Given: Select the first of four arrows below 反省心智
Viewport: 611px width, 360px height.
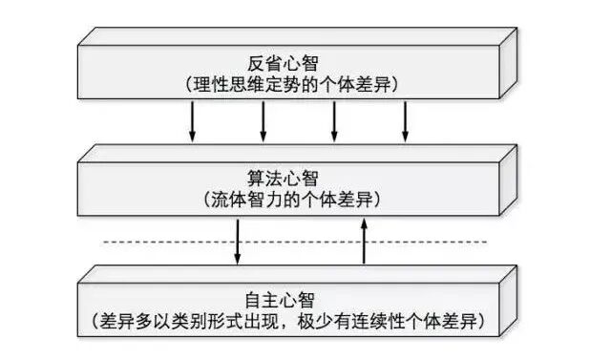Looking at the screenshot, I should (x=192, y=119).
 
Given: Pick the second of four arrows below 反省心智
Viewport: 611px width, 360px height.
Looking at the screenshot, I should (x=263, y=119).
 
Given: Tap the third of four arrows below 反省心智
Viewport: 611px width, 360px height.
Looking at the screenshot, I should (x=334, y=119).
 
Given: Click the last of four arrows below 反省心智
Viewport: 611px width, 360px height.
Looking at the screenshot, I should (x=406, y=119).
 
